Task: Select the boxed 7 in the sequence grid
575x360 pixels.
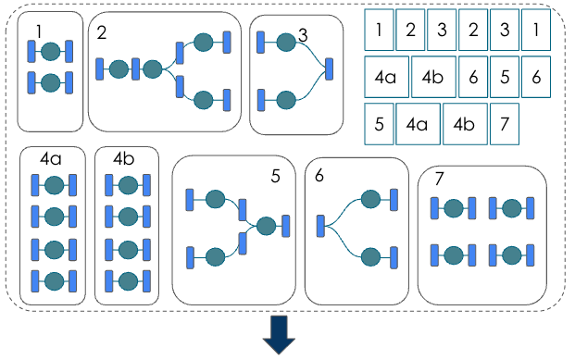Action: [x=503, y=124]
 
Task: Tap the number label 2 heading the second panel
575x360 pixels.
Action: [x=102, y=33]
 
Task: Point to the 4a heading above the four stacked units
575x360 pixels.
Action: [x=51, y=159]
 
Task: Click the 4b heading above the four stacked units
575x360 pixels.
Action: [x=124, y=159]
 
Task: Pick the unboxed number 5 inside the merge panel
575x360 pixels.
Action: [x=275, y=175]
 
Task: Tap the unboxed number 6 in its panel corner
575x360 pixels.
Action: [x=319, y=175]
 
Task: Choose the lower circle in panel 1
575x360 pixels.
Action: [x=51, y=82]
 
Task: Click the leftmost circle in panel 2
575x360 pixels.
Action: [x=118, y=68]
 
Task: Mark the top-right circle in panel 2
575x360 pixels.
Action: [x=205, y=42]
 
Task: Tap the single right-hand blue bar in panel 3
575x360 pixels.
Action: [x=329, y=69]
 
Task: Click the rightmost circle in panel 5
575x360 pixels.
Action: [x=267, y=226]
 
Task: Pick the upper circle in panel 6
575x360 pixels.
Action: [x=370, y=198]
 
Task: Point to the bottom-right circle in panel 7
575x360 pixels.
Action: [x=510, y=253]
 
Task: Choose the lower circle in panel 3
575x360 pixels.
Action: [x=286, y=98]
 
